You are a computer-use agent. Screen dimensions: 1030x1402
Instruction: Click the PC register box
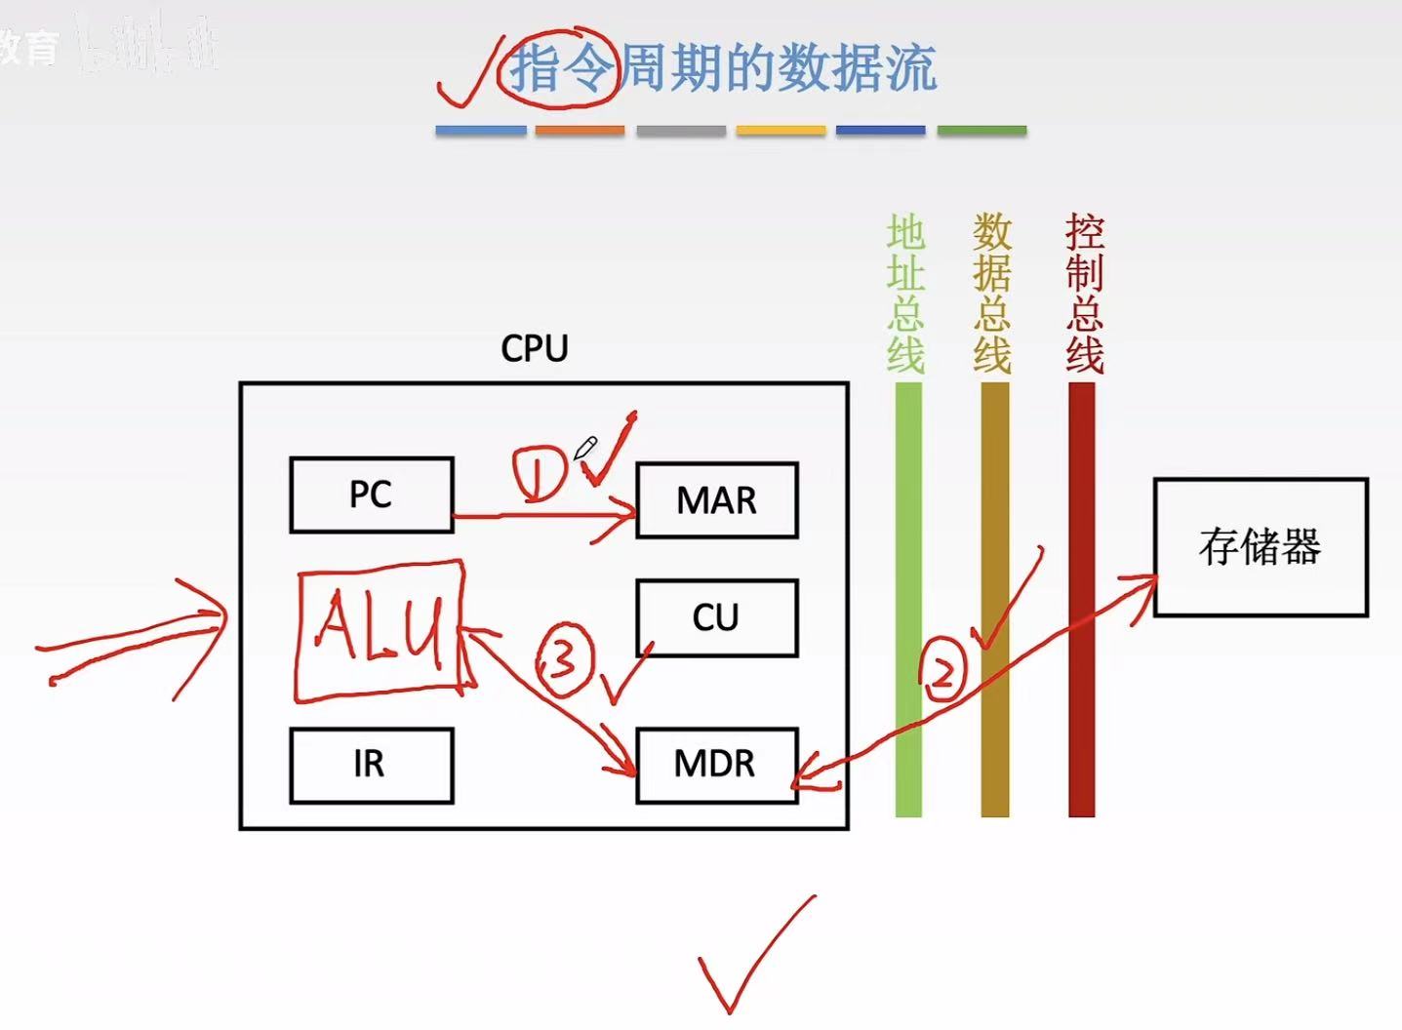pos(371,495)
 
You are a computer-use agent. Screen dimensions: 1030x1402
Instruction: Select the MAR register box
pos(716,500)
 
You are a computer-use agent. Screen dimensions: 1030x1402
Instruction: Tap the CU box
pos(716,617)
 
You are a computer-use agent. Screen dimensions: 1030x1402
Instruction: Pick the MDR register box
pos(716,765)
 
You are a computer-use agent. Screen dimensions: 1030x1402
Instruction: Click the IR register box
pos(371,765)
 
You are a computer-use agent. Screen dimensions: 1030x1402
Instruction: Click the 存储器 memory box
pos(1261,547)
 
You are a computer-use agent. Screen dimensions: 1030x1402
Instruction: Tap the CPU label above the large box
pos(534,349)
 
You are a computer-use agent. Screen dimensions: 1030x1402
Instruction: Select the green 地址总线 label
pos(905,294)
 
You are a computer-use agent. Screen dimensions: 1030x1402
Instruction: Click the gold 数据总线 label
pos(992,294)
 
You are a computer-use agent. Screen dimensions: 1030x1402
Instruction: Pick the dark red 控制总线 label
pos(1084,294)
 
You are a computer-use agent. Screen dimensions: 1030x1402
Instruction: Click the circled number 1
pos(539,472)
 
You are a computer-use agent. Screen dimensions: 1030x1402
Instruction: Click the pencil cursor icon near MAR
pos(584,449)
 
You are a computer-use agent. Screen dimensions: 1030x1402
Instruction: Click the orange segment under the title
pos(580,130)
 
